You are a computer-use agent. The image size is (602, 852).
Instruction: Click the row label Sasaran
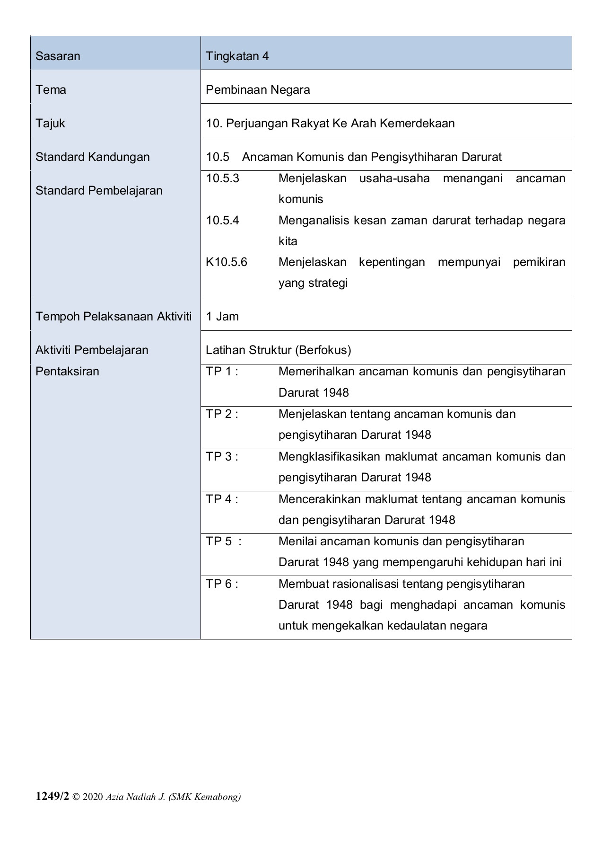(58, 56)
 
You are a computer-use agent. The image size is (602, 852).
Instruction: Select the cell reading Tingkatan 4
(237, 56)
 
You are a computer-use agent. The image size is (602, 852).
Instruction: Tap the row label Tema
(51, 90)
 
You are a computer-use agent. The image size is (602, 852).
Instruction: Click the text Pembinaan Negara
(258, 90)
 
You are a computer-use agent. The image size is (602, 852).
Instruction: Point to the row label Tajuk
(50, 124)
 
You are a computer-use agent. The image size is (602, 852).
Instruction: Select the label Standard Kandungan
(92, 157)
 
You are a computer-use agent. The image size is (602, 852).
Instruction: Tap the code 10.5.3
(222, 178)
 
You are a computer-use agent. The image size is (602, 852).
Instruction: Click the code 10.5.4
(222, 221)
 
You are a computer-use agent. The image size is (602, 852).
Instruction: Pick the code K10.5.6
(226, 262)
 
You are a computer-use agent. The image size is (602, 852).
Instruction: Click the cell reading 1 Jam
(222, 317)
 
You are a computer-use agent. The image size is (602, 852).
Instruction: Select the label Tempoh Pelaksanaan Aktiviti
(113, 317)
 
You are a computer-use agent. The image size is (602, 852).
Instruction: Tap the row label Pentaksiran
(67, 372)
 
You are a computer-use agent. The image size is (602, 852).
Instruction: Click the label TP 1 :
(222, 372)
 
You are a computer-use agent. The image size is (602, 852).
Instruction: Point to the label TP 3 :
(222, 457)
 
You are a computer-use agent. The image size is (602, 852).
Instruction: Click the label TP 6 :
(222, 584)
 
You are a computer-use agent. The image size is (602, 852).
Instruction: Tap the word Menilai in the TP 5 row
(297, 541)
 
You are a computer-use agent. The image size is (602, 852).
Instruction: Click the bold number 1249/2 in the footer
(52, 797)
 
